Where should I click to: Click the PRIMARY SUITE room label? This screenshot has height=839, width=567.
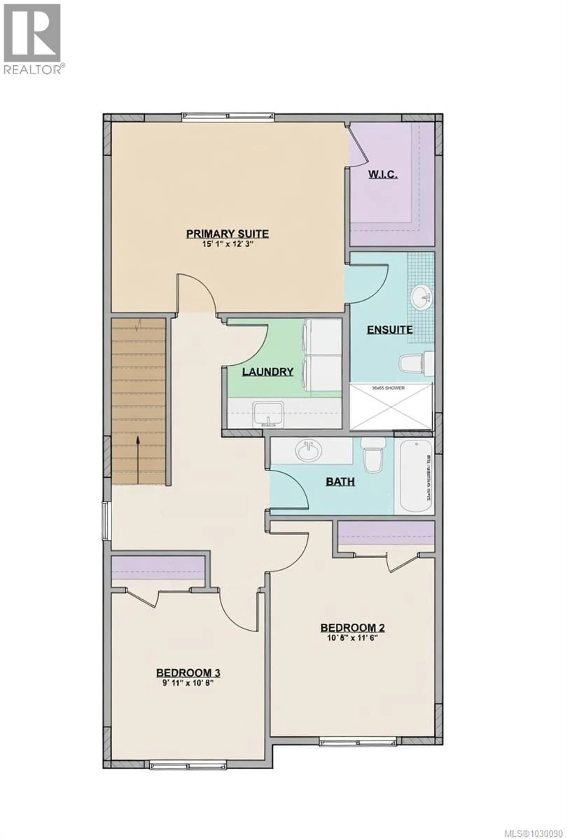(x=227, y=234)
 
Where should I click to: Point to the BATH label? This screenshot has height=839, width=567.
(x=340, y=482)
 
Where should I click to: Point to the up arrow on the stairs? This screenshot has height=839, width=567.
(x=138, y=459)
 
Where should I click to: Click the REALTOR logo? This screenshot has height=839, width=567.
(x=32, y=38)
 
